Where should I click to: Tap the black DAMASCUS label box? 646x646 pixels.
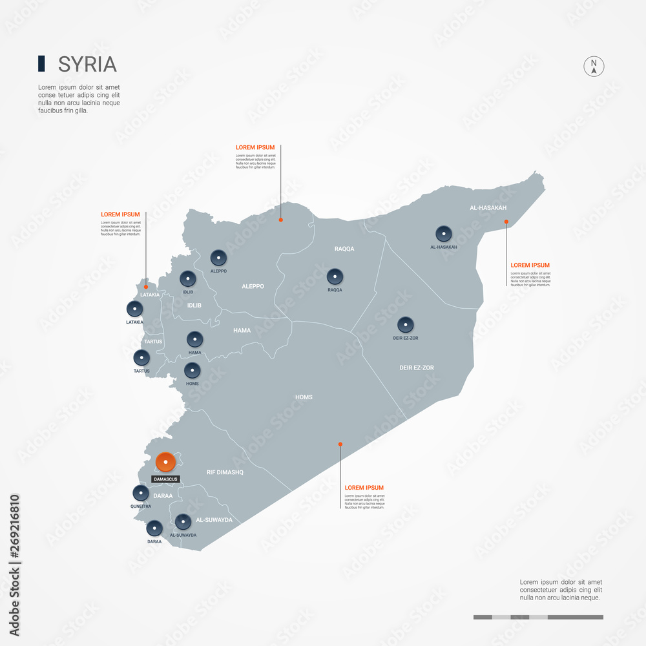point(165,479)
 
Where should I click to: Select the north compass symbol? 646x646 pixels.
point(594,67)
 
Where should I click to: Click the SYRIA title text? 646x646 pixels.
point(87,64)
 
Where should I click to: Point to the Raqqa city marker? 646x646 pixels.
point(335,276)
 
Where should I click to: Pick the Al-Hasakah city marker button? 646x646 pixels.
point(444,234)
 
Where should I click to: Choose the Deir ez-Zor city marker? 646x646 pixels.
point(406,324)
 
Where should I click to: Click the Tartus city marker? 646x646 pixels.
point(141,357)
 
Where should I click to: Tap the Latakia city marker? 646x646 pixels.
point(135,309)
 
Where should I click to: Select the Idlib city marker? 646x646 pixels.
point(187,278)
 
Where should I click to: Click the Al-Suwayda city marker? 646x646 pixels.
point(183,521)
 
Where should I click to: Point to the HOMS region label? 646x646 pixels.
point(304,397)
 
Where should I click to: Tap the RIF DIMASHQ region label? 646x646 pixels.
point(225,472)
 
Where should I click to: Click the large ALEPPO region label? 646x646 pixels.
point(253,286)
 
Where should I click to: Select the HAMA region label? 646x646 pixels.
point(242,330)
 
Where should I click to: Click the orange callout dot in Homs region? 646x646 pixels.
point(340,444)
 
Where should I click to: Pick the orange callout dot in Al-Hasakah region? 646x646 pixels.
point(506,222)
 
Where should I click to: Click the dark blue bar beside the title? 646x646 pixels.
point(41,63)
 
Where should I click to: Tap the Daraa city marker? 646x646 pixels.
point(154,528)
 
